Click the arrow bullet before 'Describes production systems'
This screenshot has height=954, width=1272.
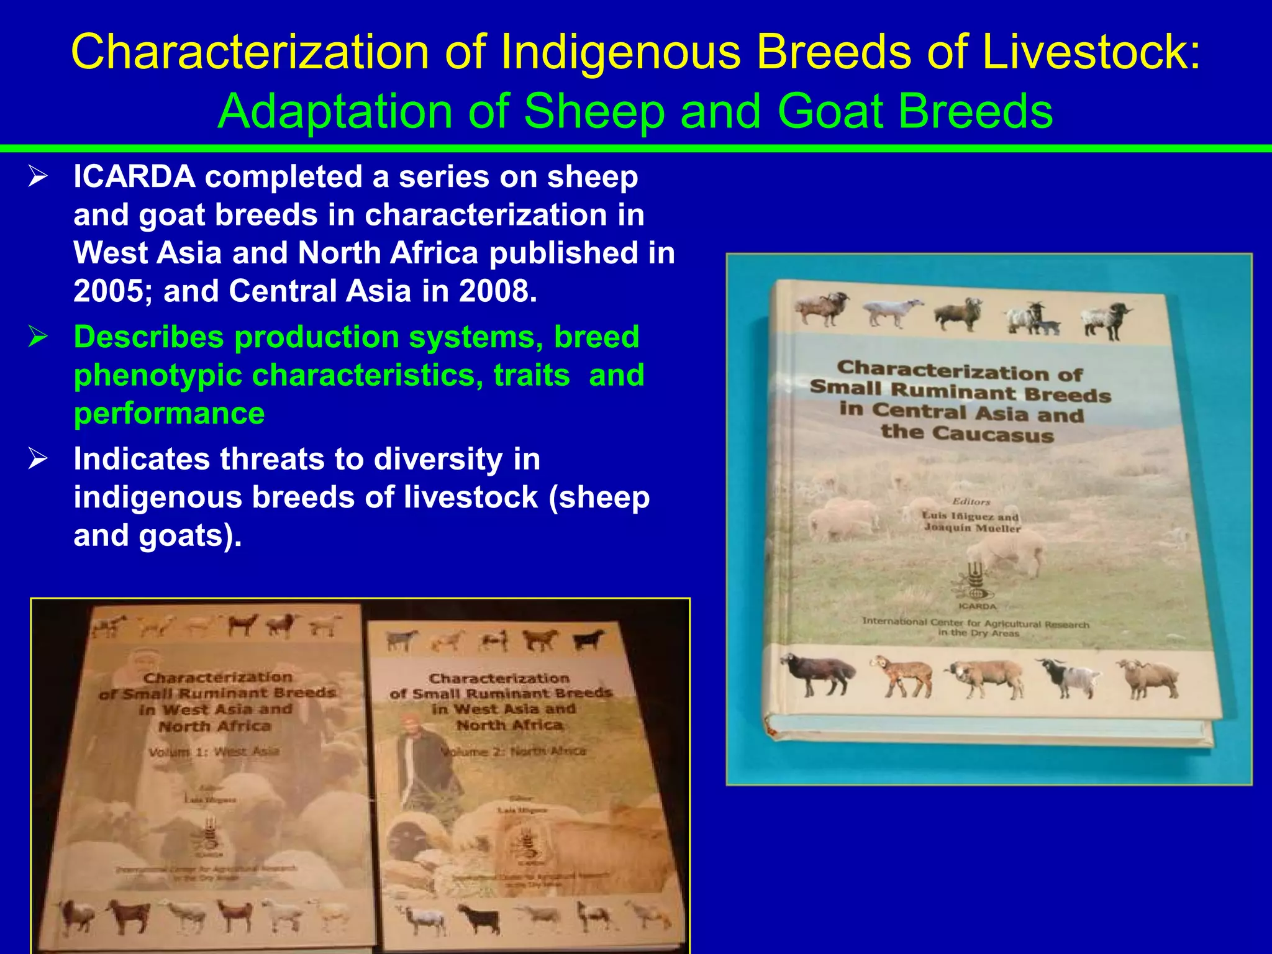click(x=38, y=337)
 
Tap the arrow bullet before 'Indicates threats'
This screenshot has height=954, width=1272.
click(x=38, y=459)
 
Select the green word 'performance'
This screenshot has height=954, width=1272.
click(x=169, y=414)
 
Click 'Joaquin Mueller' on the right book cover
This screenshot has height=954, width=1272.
click(x=972, y=528)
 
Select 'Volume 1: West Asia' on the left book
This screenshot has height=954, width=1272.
click(x=214, y=752)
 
